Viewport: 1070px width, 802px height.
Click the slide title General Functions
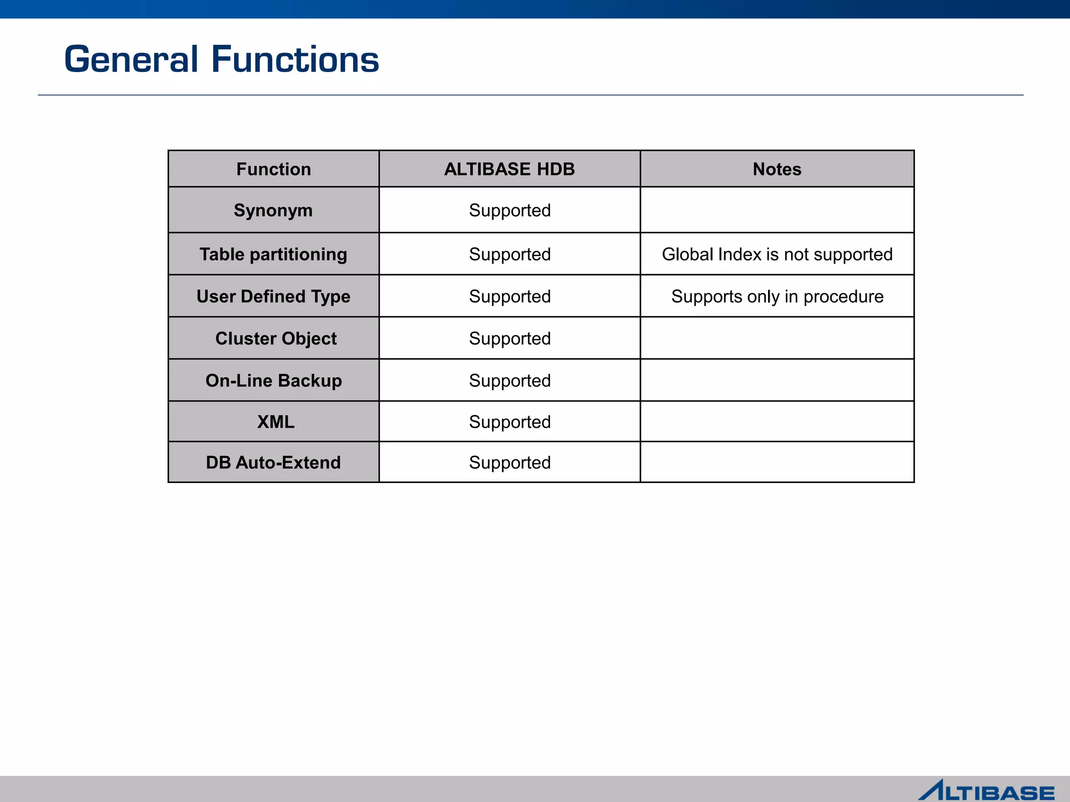coord(222,59)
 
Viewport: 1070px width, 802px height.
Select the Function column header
coord(273,169)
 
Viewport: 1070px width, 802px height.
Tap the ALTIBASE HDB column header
coord(509,169)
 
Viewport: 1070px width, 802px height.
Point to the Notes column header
coord(777,169)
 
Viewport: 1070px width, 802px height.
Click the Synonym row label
coord(273,210)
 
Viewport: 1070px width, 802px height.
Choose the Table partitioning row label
coord(273,254)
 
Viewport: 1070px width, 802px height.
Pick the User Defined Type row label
coord(273,297)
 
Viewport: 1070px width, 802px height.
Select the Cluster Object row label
coord(276,338)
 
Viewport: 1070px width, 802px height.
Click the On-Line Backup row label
coord(273,381)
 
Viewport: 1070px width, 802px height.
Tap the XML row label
coord(276,422)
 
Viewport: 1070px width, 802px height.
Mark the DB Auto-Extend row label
coord(273,463)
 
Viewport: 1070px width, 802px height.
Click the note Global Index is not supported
coord(777,254)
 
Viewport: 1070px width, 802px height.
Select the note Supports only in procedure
coord(777,297)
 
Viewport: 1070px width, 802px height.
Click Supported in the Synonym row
coord(510,210)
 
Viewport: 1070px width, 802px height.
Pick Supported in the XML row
coord(510,422)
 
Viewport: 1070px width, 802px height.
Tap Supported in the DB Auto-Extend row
coord(510,463)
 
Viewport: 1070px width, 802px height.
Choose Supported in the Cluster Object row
coord(510,338)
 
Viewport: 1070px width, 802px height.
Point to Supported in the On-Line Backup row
coord(510,381)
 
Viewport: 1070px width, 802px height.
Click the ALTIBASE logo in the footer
coord(986,791)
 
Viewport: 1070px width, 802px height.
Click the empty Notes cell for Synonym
coord(777,210)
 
